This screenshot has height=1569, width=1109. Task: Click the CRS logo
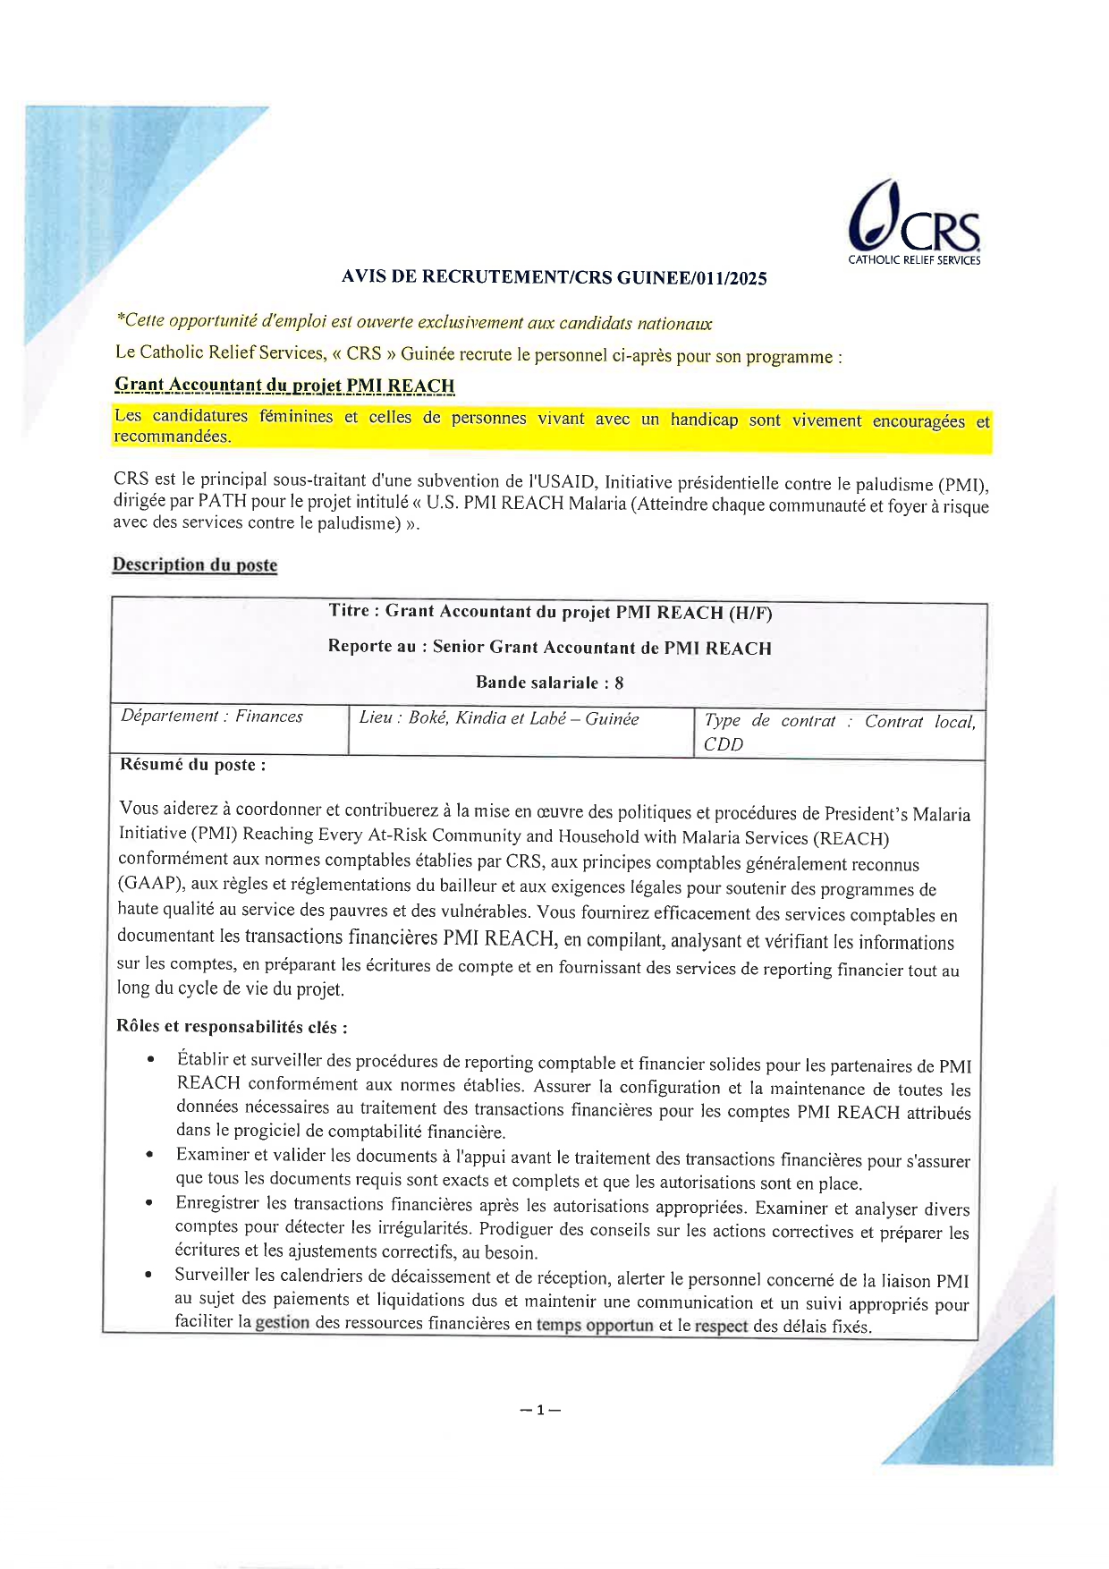(x=913, y=223)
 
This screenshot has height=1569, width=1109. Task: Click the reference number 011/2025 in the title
(x=728, y=278)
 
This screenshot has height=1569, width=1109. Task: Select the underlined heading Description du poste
(x=195, y=564)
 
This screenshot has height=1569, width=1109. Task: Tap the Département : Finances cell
(x=212, y=717)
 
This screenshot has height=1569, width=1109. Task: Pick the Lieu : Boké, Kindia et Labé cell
(x=499, y=718)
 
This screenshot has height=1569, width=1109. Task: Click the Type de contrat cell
(x=839, y=732)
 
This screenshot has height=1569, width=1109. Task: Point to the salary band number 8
(x=619, y=683)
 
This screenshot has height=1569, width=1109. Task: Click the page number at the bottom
(x=540, y=1411)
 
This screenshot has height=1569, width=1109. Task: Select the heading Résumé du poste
(x=193, y=765)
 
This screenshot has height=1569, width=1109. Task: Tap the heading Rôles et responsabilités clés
(x=233, y=1026)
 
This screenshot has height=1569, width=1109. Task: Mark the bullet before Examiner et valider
(x=150, y=1156)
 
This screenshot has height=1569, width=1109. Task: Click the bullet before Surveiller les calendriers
(x=149, y=1275)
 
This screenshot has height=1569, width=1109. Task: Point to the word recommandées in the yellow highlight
(x=172, y=437)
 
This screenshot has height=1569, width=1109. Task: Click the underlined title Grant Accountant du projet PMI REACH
(x=284, y=386)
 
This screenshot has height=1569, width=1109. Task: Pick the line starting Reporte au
(x=549, y=648)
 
